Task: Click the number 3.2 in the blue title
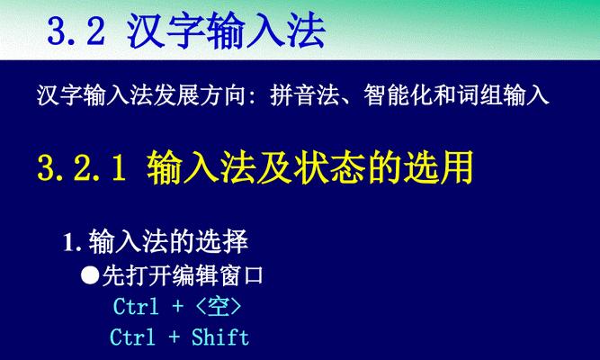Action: (76, 31)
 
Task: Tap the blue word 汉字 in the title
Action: (166, 31)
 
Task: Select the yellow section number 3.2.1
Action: (82, 168)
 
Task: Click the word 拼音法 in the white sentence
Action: (305, 95)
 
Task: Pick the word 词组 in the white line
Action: (479, 95)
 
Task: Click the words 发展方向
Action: (200, 95)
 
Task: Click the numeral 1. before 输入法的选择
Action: (72, 242)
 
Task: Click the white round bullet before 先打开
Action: (90, 274)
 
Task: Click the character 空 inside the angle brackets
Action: (219, 307)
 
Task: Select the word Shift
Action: (220, 337)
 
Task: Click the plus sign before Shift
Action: (175, 337)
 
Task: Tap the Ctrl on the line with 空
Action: (136, 306)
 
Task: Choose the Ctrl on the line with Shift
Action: (132, 337)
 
